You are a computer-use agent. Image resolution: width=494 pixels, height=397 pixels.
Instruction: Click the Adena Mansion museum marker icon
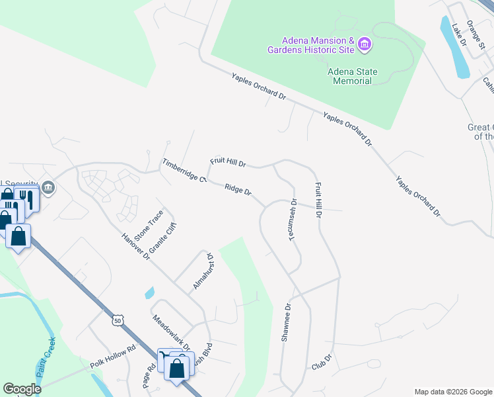pyautogui.click(x=365, y=45)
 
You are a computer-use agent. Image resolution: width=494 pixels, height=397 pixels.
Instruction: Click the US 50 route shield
pyautogui.click(x=118, y=320)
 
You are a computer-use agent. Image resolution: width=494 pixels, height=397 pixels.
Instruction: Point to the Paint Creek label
pyautogui.click(x=44, y=358)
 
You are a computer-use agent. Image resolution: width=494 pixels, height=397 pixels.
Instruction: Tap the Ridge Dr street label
pyautogui.click(x=238, y=190)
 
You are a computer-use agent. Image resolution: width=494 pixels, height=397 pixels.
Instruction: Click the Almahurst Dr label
pyautogui.click(x=202, y=271)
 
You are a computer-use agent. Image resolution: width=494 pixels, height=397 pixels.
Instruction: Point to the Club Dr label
pyautogui.click(x=320, y=362)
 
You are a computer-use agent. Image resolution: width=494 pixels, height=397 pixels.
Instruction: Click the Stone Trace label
pyautogui.click(x=148, y=226)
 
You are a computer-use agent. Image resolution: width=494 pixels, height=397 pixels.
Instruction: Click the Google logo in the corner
pyautogui.click(x=22, y=389)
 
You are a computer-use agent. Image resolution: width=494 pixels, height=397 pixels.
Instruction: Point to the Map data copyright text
pyautogui.click(x=453, y=392)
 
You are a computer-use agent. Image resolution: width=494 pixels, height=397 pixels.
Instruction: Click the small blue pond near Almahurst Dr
pyautogui.click(x=149, y=292)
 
